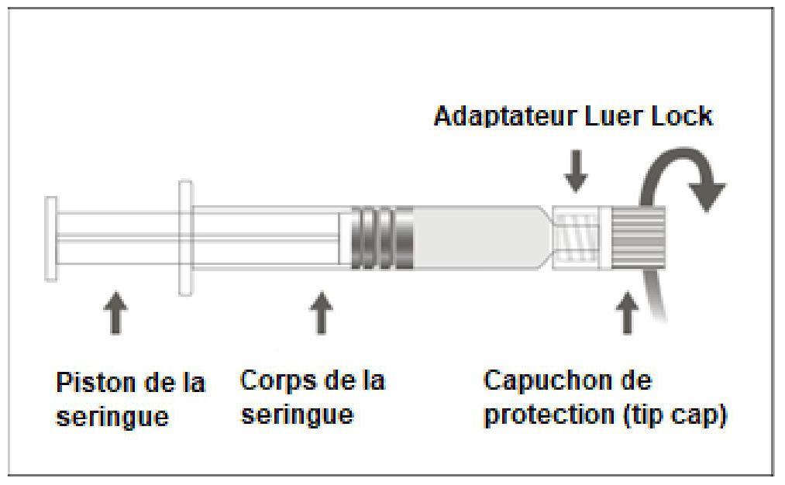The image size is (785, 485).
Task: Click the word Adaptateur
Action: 504,116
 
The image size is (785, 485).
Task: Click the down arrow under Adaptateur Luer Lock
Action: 576,170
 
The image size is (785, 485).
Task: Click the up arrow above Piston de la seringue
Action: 115,312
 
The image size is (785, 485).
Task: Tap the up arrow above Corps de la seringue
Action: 321,312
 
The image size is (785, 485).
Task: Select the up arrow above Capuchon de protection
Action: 627,312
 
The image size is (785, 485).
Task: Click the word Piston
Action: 95,383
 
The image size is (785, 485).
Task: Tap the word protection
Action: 549,414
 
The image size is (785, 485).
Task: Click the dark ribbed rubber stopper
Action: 381,239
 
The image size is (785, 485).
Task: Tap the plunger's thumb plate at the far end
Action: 51,239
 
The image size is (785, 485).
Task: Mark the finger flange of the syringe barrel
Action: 186,238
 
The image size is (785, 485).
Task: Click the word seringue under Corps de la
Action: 298,415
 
